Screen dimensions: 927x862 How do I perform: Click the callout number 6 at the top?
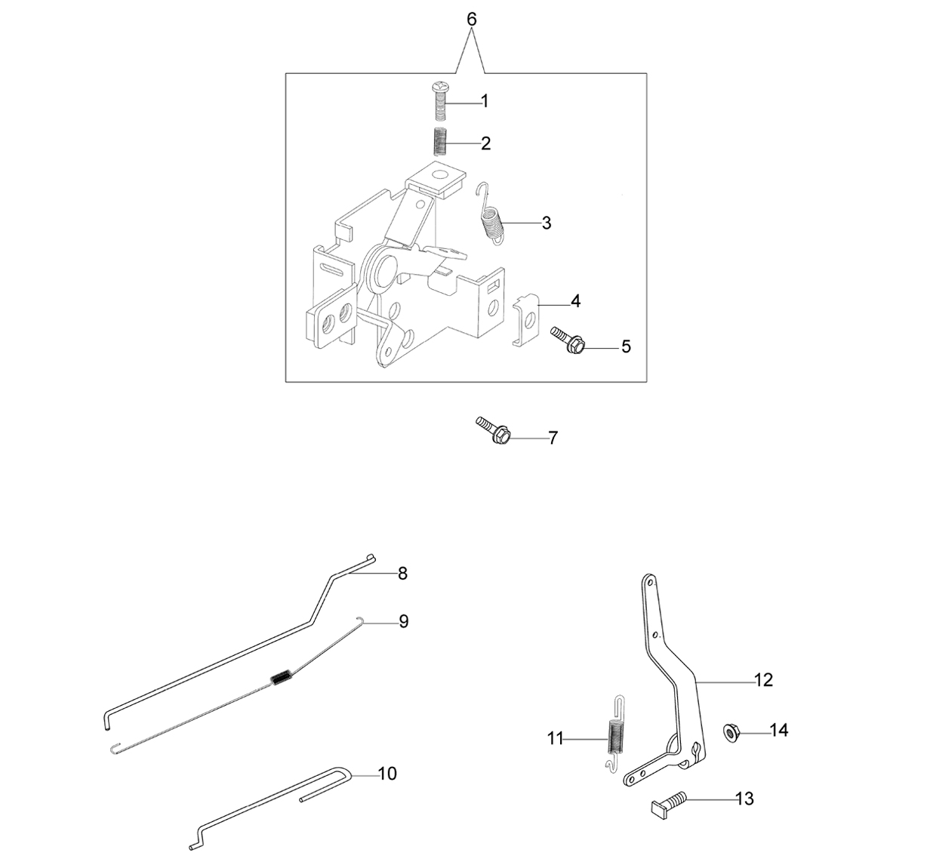pyautogui.click(x=472, y=20)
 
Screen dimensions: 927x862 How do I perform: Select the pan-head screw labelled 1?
pyautogui.click(x=439, y=102)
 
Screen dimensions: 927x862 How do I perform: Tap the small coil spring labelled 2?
pyautogui.click(x=439, y=142)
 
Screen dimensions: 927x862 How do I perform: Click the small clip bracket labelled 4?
pyautogui.click(x=526, y=320)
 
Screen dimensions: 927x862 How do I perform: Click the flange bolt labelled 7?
pyautogui.click(x=493, y=430)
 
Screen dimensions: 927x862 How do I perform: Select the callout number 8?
pyautogui.click(x=402, y=574)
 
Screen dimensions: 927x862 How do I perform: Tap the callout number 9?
pyautogui.click(x=403, y=621)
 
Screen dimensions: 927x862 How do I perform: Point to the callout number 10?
pyautogui.click(x=387, y=773)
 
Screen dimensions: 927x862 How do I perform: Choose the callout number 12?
pyautogui.click(x=764, y=680)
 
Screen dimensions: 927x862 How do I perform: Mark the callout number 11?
pyautogui.click(x=555, y=739)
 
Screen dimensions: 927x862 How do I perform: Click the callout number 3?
pyautogui.click(x=547, y=223)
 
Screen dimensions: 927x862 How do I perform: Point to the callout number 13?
pyautogui.click(x=744, y=799)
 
